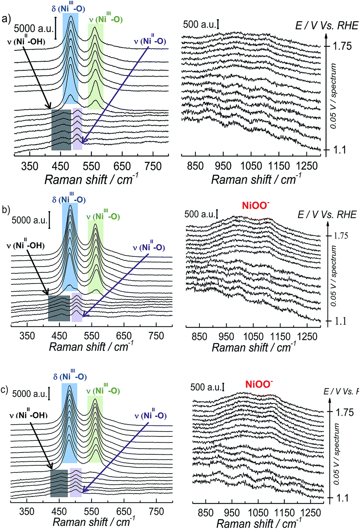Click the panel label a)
(6, 19)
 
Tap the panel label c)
(4, 389)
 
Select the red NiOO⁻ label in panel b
(256, 205)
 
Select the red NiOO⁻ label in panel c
(259, 385)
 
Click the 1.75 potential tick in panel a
(342, 46)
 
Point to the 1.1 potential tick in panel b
(341, 321)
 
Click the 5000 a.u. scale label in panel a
(34, 28)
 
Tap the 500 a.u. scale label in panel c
(206, 387)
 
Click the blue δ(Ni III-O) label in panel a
(68, 8)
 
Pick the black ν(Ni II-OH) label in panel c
(29, 415)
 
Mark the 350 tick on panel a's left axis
(30, 166)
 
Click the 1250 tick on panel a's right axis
(307, 166)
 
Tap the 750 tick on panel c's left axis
(156, 511)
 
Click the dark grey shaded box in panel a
(61, 130)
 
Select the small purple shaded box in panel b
(77, 307)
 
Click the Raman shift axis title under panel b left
(91, 347)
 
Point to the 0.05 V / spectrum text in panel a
(333, 96)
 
